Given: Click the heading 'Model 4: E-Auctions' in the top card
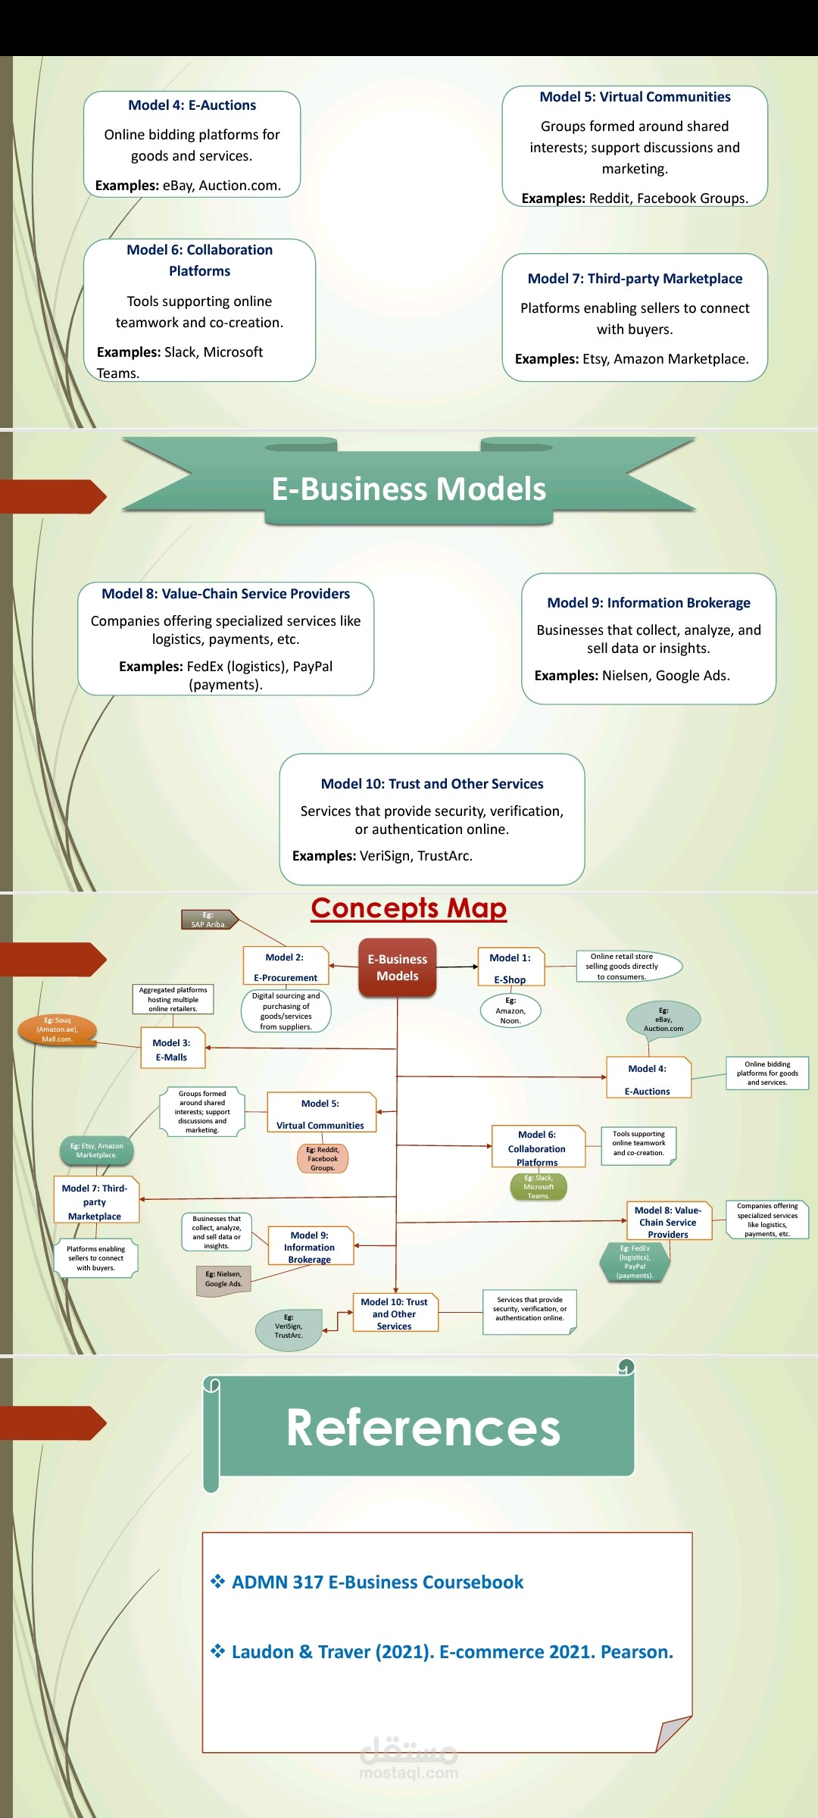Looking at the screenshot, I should [x=192, y=105].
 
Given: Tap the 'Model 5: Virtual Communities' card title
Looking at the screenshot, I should [x=635, y=97].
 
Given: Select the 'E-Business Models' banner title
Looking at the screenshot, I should [x=409, y=489].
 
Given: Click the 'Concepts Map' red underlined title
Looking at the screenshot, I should [x=408, y=907].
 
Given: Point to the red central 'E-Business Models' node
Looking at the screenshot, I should [x=398, y=967].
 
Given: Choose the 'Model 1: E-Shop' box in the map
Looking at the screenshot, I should [x=510, y=968].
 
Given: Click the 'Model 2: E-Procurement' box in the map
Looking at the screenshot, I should [x=286, y=967].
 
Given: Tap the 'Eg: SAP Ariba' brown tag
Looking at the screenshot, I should [x=209, y=920].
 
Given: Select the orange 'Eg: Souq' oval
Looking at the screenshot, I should [x=58, y=1029].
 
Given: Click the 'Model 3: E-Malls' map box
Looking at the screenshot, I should [x=172, y=1049].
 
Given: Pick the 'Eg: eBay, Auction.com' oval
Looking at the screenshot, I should [x=663, y=1019].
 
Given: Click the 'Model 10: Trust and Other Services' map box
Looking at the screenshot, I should [x=395, y=1314].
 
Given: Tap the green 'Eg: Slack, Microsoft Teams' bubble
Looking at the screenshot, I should [x=539, y=1186].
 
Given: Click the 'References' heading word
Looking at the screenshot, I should [x=423, y=1428].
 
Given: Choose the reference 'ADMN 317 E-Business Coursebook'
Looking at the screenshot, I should [x=377, y=1582].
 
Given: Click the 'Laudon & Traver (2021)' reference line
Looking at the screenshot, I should [x=452, y=1652].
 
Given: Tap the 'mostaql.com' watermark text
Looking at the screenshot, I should [x=408, y=1773].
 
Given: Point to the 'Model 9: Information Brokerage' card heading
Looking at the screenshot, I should [x=648, y=603].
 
